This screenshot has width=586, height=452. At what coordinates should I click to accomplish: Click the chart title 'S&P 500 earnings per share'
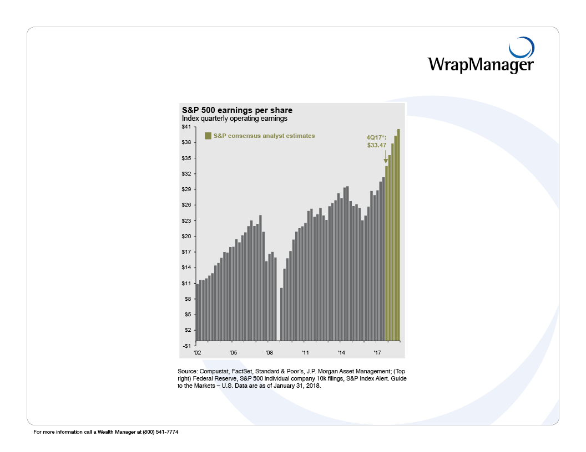[237, 110]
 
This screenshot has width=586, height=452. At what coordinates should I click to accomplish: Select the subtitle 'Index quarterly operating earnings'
[234, 119]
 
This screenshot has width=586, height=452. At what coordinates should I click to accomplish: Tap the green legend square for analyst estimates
[208, 136]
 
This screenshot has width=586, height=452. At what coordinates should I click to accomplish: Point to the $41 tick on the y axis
[186, 127]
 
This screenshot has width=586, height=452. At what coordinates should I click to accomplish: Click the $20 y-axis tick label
[186, 237]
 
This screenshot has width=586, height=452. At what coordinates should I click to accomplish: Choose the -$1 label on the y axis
[187, 346]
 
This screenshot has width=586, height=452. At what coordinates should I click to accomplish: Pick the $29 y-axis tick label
[186, 189]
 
